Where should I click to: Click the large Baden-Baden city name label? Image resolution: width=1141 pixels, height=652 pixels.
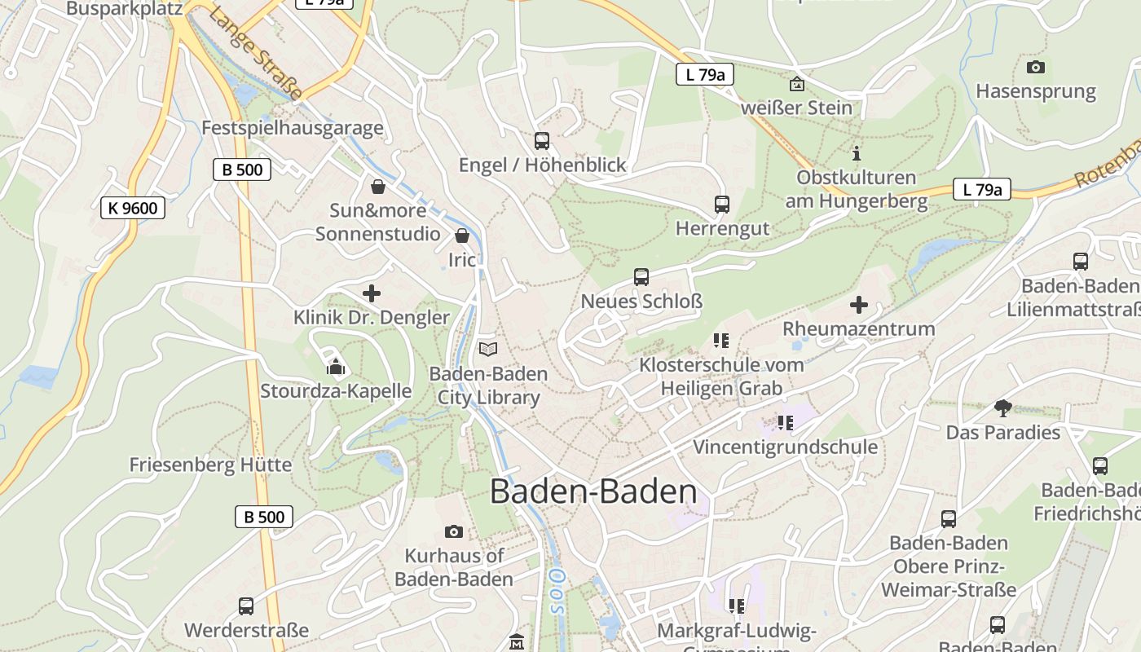[593, 492]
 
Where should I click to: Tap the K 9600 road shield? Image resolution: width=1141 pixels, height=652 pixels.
[133, 208]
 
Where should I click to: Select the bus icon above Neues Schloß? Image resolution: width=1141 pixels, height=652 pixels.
[641, 277]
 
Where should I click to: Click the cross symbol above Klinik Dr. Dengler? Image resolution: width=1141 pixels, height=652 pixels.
[372, 293]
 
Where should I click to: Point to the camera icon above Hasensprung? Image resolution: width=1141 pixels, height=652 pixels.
[1036, 67]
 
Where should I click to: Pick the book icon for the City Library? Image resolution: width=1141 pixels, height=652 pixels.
[488, 349]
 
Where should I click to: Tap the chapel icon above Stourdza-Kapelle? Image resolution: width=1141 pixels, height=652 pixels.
[335, 366]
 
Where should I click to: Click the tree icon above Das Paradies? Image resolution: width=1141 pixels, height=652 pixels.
[1003, 407]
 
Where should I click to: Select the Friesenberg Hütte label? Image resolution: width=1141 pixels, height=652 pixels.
[210, 465]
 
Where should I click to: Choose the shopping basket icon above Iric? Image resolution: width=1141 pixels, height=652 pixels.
[462, 236]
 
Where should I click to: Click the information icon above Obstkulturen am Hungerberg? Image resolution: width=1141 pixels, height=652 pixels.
[856, 152]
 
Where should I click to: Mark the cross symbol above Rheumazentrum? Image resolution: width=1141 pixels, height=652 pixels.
[859, 305]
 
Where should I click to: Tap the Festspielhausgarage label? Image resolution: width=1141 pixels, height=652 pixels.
[292, 128]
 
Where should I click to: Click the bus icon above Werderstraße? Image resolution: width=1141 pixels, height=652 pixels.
[246, 606]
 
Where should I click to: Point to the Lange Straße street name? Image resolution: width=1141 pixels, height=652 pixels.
[256, 55]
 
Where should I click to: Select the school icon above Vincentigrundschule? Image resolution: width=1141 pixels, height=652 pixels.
[785, 422]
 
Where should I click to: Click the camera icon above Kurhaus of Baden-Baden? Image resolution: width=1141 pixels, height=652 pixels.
[454, 531]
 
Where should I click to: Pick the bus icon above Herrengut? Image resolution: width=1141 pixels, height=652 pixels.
[722, 204]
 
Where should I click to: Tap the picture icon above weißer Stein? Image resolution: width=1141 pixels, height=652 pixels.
[796, 83]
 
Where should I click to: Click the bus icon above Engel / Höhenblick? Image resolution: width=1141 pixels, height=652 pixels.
[542, 140]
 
